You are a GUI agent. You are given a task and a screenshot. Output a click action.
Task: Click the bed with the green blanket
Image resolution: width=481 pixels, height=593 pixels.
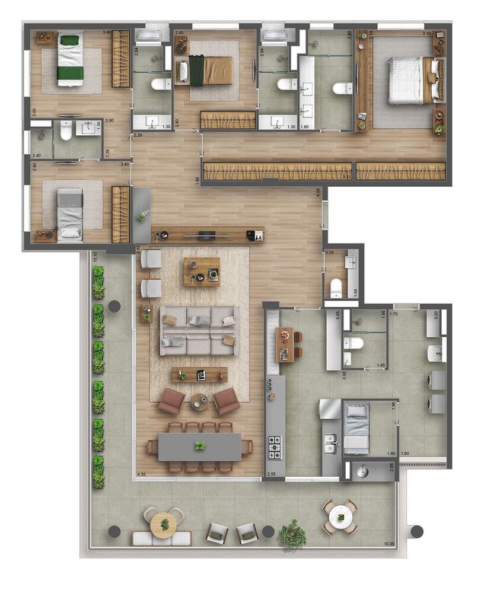(71, 60)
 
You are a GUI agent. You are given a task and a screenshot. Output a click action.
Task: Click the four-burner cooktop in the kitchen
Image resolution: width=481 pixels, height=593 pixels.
(275, 448)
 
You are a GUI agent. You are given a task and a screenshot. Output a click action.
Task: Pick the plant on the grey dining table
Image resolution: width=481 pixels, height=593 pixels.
(201, 445)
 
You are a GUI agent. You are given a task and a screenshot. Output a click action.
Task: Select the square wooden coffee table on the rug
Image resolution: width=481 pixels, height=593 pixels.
(202, 272)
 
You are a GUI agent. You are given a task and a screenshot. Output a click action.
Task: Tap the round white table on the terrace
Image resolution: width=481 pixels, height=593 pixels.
(340, 518)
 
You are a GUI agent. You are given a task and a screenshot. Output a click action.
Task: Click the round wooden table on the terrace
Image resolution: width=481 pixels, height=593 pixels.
(163, 522)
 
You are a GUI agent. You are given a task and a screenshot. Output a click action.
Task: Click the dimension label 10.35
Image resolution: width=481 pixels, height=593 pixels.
(389, 543)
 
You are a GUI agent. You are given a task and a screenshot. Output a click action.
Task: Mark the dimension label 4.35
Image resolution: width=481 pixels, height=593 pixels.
(141, 474)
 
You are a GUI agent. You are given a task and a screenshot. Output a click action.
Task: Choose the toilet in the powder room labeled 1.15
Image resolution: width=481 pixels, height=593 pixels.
(336, 286)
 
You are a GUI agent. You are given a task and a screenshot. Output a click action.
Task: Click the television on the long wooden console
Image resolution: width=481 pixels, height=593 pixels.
(206, 235)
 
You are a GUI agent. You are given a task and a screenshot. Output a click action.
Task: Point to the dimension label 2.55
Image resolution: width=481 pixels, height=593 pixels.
(271, 474)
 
